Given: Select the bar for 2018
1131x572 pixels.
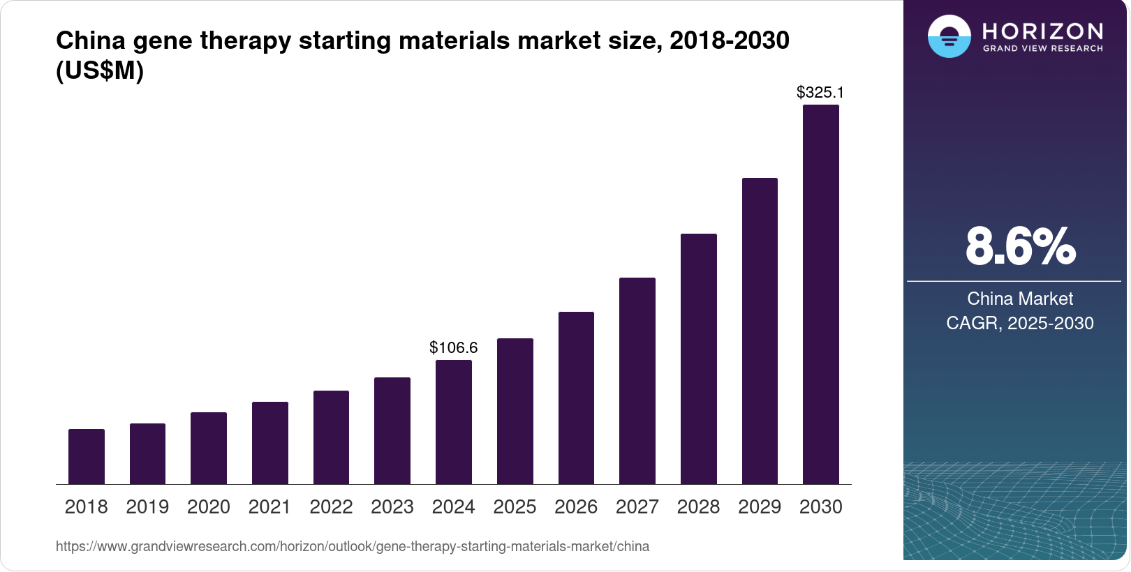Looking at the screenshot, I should [x=87, y=457].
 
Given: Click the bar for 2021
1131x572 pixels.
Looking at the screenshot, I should [x=270, y=443].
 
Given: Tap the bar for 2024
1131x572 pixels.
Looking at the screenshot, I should [x=454, y=422].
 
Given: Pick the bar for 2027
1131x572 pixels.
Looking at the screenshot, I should [x=637, y=381].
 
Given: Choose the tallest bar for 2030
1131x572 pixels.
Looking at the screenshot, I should [x=821, y=294].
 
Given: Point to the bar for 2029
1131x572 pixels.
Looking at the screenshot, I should [x=760, y=331].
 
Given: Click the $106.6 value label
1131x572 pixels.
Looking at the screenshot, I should [x=454, y=347].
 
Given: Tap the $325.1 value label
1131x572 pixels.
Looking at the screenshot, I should [x=820, y=92].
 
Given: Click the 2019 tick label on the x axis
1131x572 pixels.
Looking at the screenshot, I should [x=147, y=507].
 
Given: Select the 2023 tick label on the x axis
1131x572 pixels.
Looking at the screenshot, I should [x=392, y=507].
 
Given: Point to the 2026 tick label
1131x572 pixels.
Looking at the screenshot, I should [x=576, y=507].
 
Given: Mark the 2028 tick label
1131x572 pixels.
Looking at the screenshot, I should [x=698, y=507].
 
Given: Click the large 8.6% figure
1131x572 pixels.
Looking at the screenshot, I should [x=1020, y=246].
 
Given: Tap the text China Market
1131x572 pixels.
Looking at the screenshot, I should [x=1020, y=299].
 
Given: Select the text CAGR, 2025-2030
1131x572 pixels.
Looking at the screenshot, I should [x=1020, y=323].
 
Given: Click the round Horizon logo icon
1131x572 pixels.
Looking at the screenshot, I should [x=949, y=36].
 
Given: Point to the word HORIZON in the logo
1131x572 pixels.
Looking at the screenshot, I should [x=1042, y=31].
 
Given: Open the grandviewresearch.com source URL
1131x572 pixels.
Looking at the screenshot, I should [x=353, y=546].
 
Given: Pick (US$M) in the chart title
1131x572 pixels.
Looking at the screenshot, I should [x=100, y=71].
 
